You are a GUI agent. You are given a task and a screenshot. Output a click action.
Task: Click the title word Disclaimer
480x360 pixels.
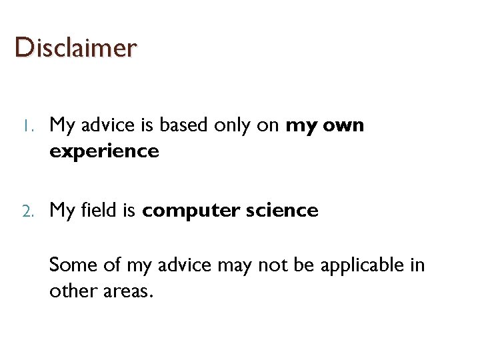(75, 48)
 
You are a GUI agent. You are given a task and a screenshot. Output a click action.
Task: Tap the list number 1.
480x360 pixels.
(25, 126)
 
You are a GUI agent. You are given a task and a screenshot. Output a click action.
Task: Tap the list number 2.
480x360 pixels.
(27, 211)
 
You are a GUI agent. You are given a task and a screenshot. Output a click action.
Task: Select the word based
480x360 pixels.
(194, 125)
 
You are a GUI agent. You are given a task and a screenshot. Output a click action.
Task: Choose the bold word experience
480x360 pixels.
(104, 152)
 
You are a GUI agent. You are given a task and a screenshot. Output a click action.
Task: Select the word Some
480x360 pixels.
(73, 265)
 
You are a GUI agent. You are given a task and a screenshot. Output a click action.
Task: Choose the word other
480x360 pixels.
(69, 292)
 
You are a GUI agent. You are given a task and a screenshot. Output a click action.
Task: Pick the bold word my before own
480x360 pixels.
(300, 126)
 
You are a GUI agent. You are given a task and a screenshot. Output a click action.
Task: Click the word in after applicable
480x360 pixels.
(417, 265)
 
